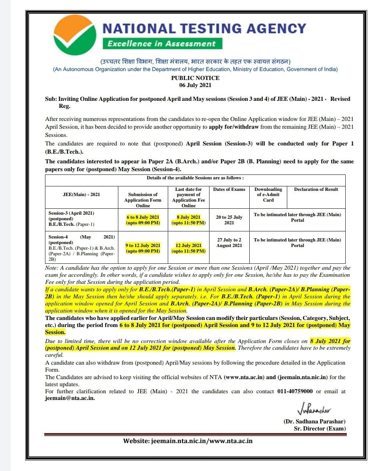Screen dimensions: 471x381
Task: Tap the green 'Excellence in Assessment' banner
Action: click(162, 44)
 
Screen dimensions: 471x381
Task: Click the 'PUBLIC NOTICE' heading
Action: click(195, 78)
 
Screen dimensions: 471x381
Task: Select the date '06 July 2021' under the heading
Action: click(195, 85)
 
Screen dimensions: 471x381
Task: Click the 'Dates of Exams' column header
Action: click(229, 189)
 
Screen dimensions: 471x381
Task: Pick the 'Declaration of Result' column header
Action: click(316, 189)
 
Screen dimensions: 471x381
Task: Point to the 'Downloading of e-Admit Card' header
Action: click(268, 195)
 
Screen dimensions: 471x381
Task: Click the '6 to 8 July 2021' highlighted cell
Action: click(143, 220)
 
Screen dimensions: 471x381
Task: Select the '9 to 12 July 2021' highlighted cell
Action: click(143, 248)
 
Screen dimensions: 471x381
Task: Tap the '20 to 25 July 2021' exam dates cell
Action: click(229, 220)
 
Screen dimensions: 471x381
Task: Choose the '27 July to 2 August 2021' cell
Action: click(229, 243)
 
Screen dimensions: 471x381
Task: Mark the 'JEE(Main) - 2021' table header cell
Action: click(81, 195)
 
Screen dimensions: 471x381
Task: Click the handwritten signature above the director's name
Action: click(314, 410)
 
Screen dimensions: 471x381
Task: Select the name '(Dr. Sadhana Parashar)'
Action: click(314, 422)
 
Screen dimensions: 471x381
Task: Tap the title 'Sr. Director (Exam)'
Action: click(320, 429)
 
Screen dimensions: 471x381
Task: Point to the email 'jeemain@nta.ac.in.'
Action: click(70, 398)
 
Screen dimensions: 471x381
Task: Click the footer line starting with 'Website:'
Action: click(188, 441)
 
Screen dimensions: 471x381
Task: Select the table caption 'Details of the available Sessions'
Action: click(195, 178)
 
